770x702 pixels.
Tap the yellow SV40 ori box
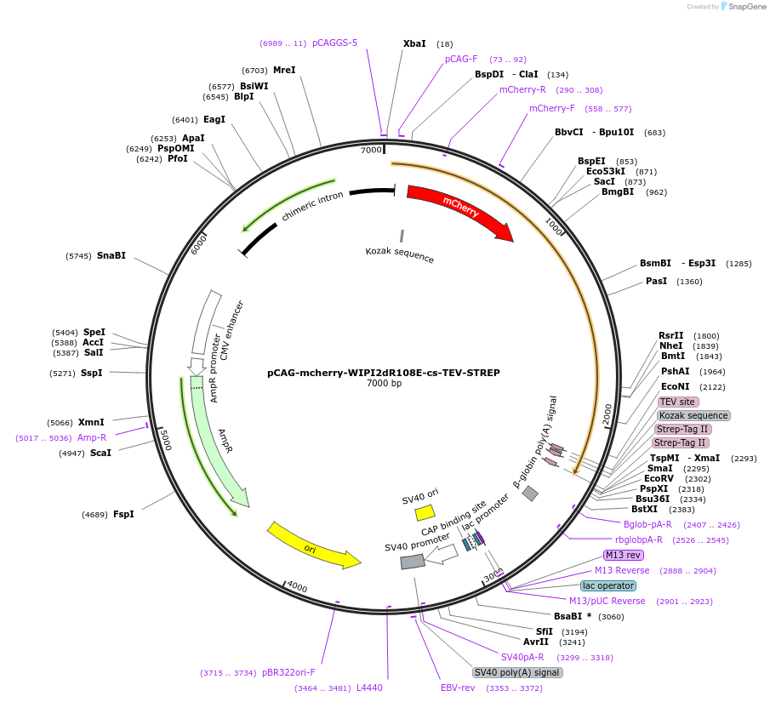tap(425, 512)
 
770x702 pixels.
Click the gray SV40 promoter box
tap(413, 562)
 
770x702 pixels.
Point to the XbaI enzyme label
tap(414, 43)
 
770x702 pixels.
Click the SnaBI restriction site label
tap(111, 255)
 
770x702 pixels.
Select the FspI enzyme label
tap(124, 514)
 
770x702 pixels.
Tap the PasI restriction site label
tap(657, 281)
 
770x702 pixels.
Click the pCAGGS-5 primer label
tap(334, 43)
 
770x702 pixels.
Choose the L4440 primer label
tap(369, 688)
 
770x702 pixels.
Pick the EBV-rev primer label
tap(458, 688)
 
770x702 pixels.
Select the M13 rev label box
tap(625, 556)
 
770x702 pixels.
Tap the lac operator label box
tap(607, 585)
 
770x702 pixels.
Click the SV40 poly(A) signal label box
tap(517, 672)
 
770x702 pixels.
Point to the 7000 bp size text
tap(384, 384)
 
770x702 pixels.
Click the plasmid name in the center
tap(384, 373)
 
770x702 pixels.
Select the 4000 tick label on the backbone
tap(296, 586)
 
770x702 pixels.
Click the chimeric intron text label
tap(312, 207)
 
